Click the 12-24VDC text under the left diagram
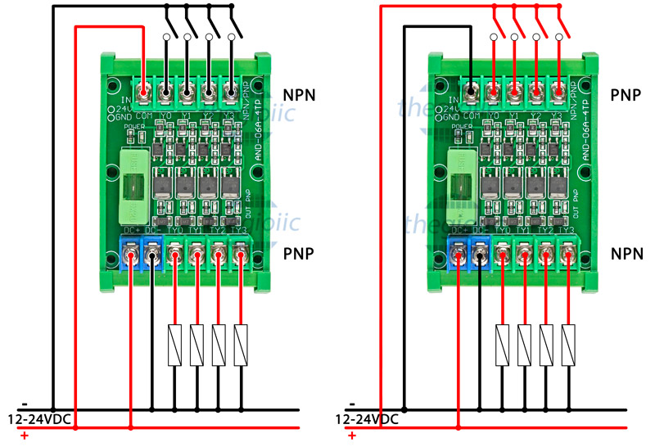[39, 419]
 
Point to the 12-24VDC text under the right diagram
[367, 419]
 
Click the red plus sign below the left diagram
[24, 436]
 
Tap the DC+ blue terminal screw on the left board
[131, 259]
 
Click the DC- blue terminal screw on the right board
[480, 259]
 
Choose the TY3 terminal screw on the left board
[239, 259]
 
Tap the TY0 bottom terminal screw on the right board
[502, 259]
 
